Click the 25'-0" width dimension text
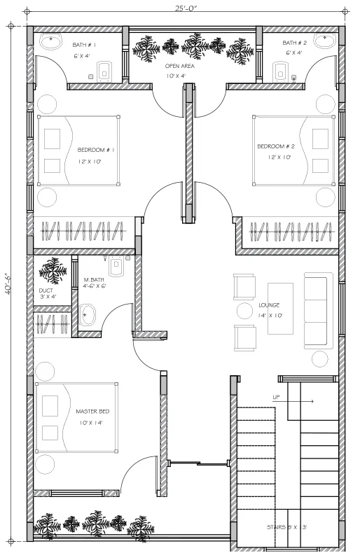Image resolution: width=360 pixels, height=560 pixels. tap(186, 8)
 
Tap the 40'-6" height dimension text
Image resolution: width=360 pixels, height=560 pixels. tap(8, 283)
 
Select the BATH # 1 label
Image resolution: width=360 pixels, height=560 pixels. tap(84, 45)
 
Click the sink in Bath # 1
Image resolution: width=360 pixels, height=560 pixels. tap(50, 41)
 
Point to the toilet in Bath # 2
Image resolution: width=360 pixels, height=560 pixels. tap(280, 71)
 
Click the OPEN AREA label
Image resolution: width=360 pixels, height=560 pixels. tap(179, 66)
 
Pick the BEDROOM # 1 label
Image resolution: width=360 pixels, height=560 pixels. tap(96, 150)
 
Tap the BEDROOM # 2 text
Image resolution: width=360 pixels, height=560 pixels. tap(276, 146)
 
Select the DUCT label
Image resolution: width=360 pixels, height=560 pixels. tap(46, 290)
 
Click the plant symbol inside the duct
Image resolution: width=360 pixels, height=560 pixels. tap(53, 271)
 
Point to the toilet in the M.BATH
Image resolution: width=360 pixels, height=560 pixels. tap(116, 266)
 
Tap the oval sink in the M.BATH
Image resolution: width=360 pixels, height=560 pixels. tap(87, 314)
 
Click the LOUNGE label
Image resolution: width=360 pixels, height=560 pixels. tap(269, 305)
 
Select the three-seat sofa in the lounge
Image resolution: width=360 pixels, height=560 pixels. tap(318, 310)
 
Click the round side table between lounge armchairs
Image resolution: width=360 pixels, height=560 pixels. tap(245, 311)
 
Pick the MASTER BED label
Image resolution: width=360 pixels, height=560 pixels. tap(92, 412)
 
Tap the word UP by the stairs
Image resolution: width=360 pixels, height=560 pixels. tap(277, 397)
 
